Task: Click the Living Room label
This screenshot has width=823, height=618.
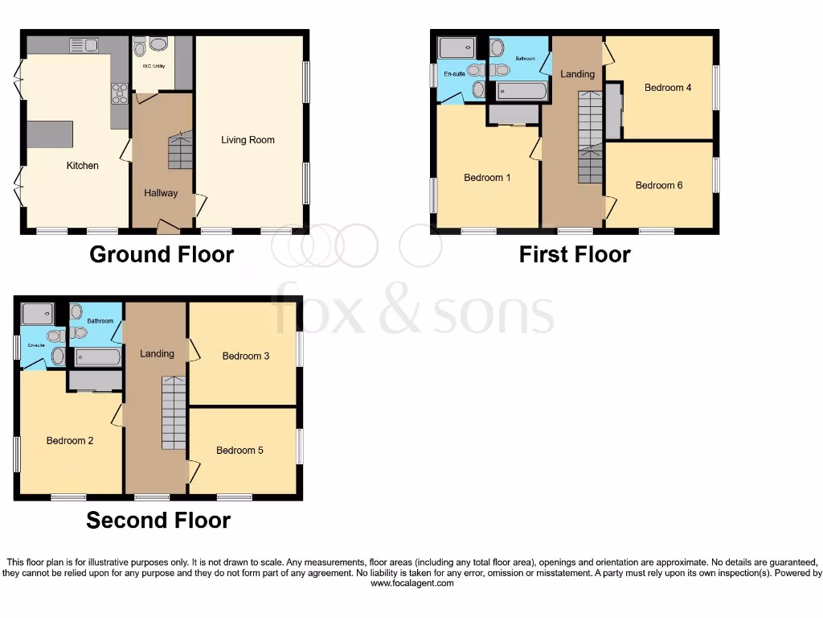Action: click(x=248, y=140)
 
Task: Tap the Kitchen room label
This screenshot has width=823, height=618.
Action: click(x=82, y=166)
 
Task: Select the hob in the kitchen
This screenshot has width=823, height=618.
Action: click(x=120, y=94)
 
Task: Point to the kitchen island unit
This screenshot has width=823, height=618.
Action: click(x=50, y=134)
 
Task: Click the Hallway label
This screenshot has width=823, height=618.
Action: click(x=161, y=193)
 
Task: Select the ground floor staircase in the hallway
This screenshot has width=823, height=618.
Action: click(x=180, y=150)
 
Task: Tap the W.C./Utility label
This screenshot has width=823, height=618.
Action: click(x=153, y=66)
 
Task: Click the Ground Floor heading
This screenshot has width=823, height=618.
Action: click(x=161, y=254)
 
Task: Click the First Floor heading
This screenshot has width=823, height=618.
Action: click(x=574, y=254)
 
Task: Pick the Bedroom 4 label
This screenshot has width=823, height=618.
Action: click(x=668, y=88)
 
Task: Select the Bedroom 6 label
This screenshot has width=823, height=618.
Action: click(x=659, y=185)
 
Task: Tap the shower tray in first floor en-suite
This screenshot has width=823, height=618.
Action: click(x=457, y=49)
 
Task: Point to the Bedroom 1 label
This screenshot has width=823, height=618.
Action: click(x=487, y=178)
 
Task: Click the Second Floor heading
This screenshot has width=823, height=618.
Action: click(x=158, y=520)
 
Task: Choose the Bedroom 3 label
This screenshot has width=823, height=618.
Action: click(x=246, y=356)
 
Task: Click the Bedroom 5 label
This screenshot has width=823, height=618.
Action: click(x=240, y=451)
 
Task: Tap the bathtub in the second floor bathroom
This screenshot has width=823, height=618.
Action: click(x=98, y=356)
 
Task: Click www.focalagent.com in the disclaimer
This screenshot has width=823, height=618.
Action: click(x=411, y=583)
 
